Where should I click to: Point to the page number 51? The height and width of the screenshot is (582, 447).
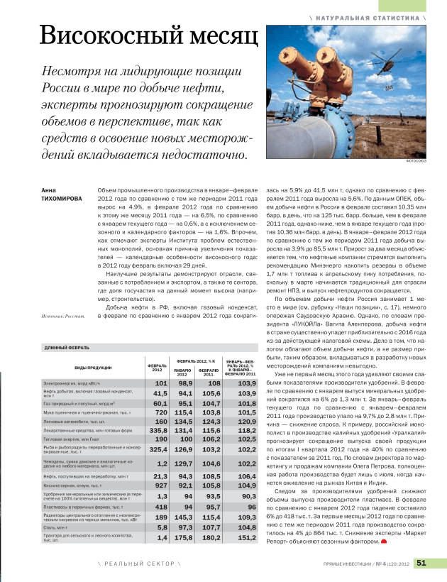[x=421, y=564]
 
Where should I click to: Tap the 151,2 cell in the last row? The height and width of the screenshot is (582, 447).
[x=241, y=538]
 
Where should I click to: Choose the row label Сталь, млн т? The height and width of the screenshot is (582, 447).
[x=57, y=528]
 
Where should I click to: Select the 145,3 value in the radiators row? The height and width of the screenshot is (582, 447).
[x=184, y=517]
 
